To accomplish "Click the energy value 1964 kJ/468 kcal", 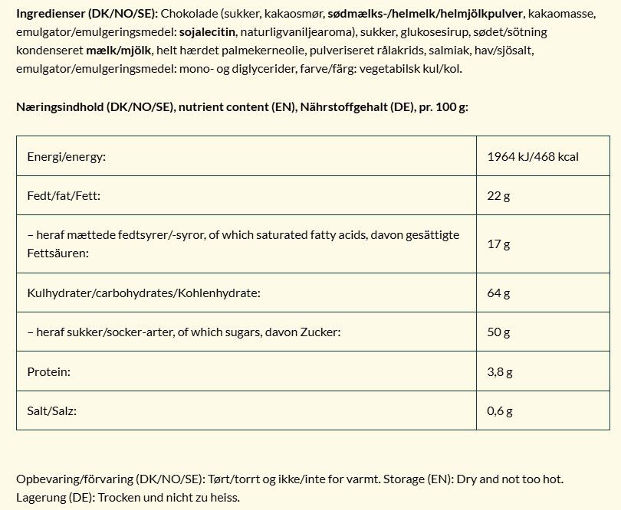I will [x=532, y=157].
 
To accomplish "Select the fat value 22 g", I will [x=498, y=196].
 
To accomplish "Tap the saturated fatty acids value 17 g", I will [x=498, y=244].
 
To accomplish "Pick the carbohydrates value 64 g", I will [x=498, y=293].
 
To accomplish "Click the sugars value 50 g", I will [x=498, y=332].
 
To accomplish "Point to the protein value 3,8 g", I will [x=500, y=372].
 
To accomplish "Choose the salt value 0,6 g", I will [x=500, y=411].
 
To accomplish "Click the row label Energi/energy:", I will [x=66, y=157].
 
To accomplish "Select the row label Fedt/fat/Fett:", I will [x=64, y=196].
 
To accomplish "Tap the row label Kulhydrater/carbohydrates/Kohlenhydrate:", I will [x=143, y=293].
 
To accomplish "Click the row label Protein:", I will [x=48, y=372].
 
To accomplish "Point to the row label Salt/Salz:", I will [x=52, y=411].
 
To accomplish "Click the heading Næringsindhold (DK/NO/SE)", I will [x=95, y=106].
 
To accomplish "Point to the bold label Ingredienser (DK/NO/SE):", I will [x=87, y=15].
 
